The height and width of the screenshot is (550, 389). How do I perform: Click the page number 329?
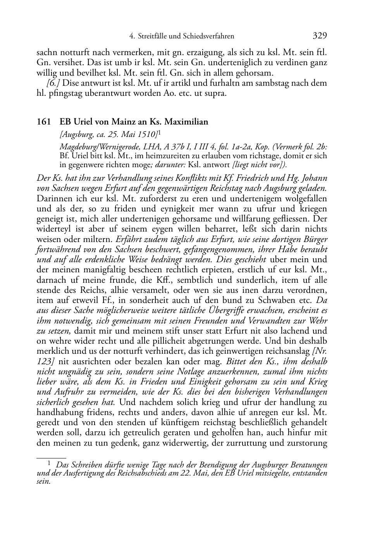320,36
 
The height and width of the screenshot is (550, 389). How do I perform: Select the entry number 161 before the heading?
43,122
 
